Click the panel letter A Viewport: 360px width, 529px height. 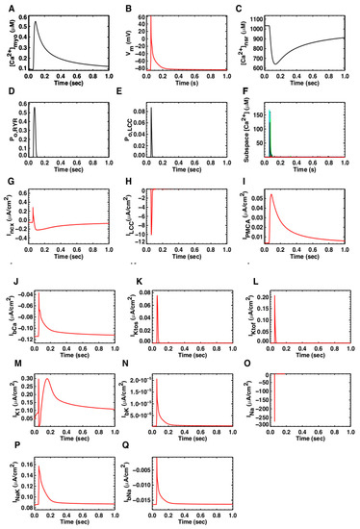click(x=6, y=9)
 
